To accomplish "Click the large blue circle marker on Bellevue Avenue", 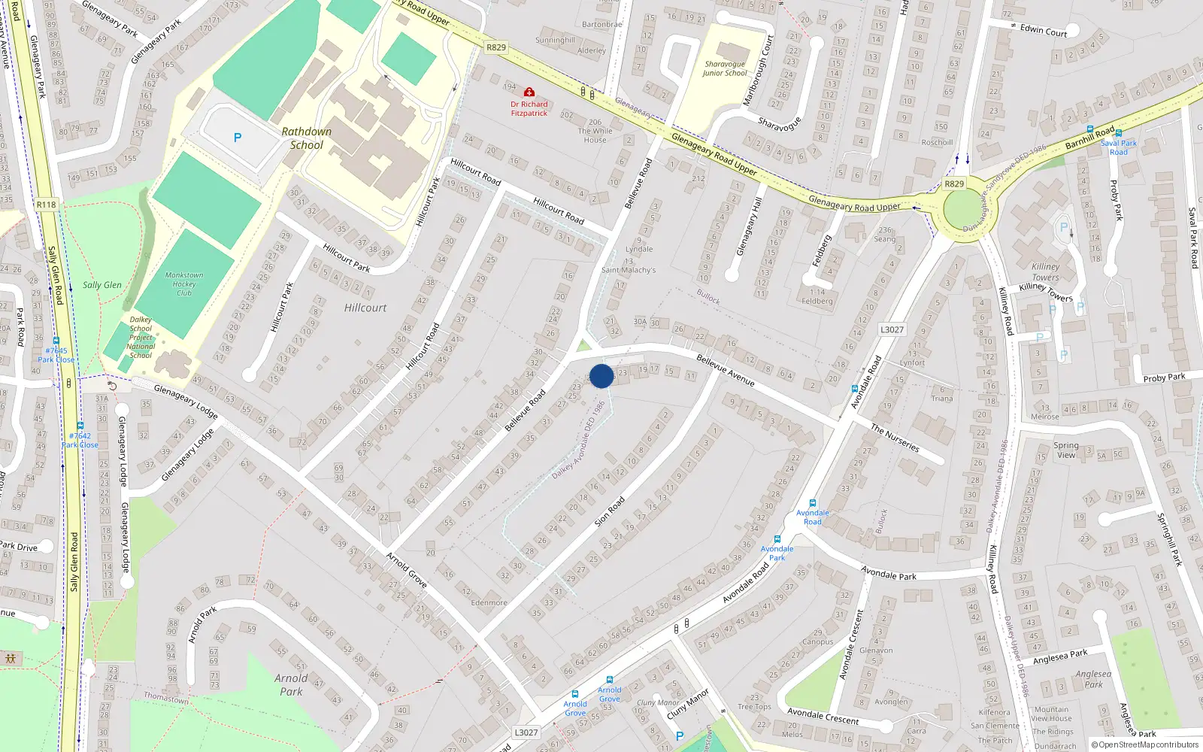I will click(x=601, y=376).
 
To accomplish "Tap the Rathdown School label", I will click(x=307, y=138).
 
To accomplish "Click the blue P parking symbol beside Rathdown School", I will click(x=238, y=138).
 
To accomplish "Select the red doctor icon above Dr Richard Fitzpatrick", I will click(x=529, y=92).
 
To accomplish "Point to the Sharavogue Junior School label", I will click(x=725, y=68).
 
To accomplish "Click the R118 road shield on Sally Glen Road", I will click(x=46, y=205).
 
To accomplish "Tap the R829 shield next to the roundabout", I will click(x=954, y=183).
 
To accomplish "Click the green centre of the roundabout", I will click(x=963, y=210).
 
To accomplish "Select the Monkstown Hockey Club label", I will click(x=184, y=284).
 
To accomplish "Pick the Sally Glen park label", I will click(x=102, y=285).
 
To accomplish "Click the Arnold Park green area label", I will click(x=291, y=684).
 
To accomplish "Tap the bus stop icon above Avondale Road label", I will click(x=813, y=503).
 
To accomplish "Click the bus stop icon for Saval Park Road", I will click(x=1119, y=133).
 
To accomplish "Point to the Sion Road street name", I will click(x=610, y=511).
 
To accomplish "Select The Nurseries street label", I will click(x=895, y=438).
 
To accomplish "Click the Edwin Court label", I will click(x=1044, y=30).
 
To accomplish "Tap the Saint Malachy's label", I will click(x=629, y=270).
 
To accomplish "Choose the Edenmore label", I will click(x=489, y=602).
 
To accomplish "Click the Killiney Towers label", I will click(x=1045, y=271).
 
